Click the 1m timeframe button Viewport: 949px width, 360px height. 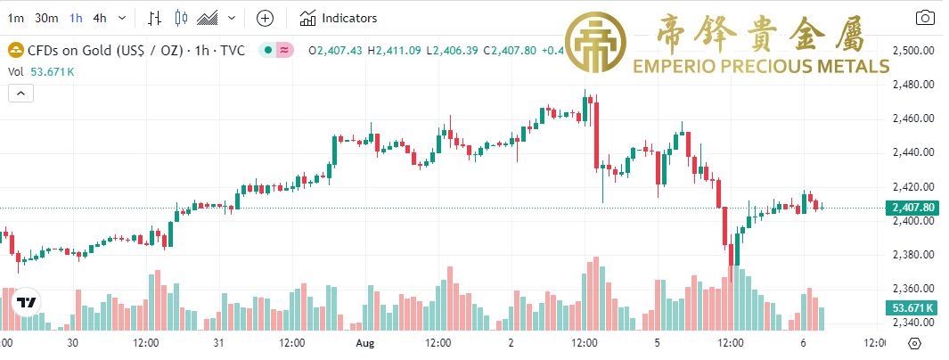(15, 18)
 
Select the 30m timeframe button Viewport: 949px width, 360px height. (46, 18)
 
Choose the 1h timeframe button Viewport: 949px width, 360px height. (76, 18)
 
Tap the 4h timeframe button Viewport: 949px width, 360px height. (100, 18)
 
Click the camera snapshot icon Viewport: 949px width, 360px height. (926, 18)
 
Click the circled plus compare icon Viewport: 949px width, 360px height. (265, 18)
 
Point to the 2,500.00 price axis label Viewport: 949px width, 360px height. (913, 51)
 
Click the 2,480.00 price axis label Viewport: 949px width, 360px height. (913, 85)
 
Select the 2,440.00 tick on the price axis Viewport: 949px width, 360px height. (913, 152)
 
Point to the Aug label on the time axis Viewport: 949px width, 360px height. (364, 342)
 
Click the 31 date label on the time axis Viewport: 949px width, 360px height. (218, 342)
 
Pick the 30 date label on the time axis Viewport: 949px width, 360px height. (73, 342)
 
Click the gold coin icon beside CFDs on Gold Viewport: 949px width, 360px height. (15, 51)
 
